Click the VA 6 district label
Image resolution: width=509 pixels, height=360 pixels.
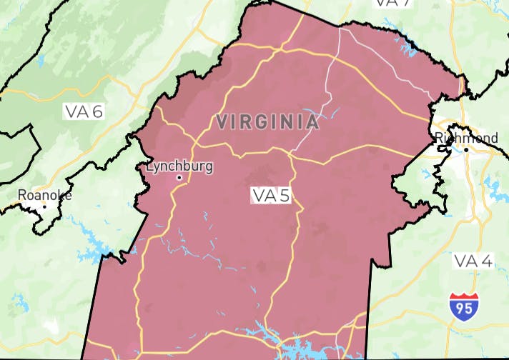pos(84,111)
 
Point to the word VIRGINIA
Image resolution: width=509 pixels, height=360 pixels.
pos(267,121)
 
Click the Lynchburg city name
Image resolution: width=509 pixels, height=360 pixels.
pos(179,166)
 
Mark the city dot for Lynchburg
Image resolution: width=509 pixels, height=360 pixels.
pos(179,177)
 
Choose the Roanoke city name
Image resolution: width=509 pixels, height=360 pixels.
pos(44,194)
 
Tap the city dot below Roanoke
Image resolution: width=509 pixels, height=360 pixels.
pos(44,206)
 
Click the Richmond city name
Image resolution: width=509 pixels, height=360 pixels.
pos(466,137)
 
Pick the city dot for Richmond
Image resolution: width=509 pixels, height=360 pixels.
pos(465,149)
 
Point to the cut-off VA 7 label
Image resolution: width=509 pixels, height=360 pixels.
pos(393,3)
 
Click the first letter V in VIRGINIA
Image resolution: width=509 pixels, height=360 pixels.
pos(222,121)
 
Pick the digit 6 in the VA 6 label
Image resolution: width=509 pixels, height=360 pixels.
pos(98,111)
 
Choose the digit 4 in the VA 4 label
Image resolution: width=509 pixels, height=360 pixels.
pos(487,261)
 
